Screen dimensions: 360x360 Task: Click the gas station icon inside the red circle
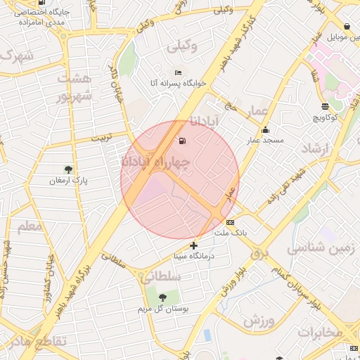pos(184,141)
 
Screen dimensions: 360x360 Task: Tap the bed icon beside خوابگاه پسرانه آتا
pos(178,73)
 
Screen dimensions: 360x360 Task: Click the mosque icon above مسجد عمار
pos(265,130)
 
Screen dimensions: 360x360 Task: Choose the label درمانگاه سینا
pos(194,256)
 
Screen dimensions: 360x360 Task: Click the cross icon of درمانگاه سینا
pos(194,245)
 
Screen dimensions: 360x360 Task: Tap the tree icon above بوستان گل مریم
pos(163,298)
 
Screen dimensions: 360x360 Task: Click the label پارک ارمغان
pos(67,180)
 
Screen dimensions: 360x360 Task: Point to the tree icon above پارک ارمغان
pos(68,169)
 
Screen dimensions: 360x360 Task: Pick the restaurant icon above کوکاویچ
pos(324,106)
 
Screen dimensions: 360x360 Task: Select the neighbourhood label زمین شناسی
pos(322,247)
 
